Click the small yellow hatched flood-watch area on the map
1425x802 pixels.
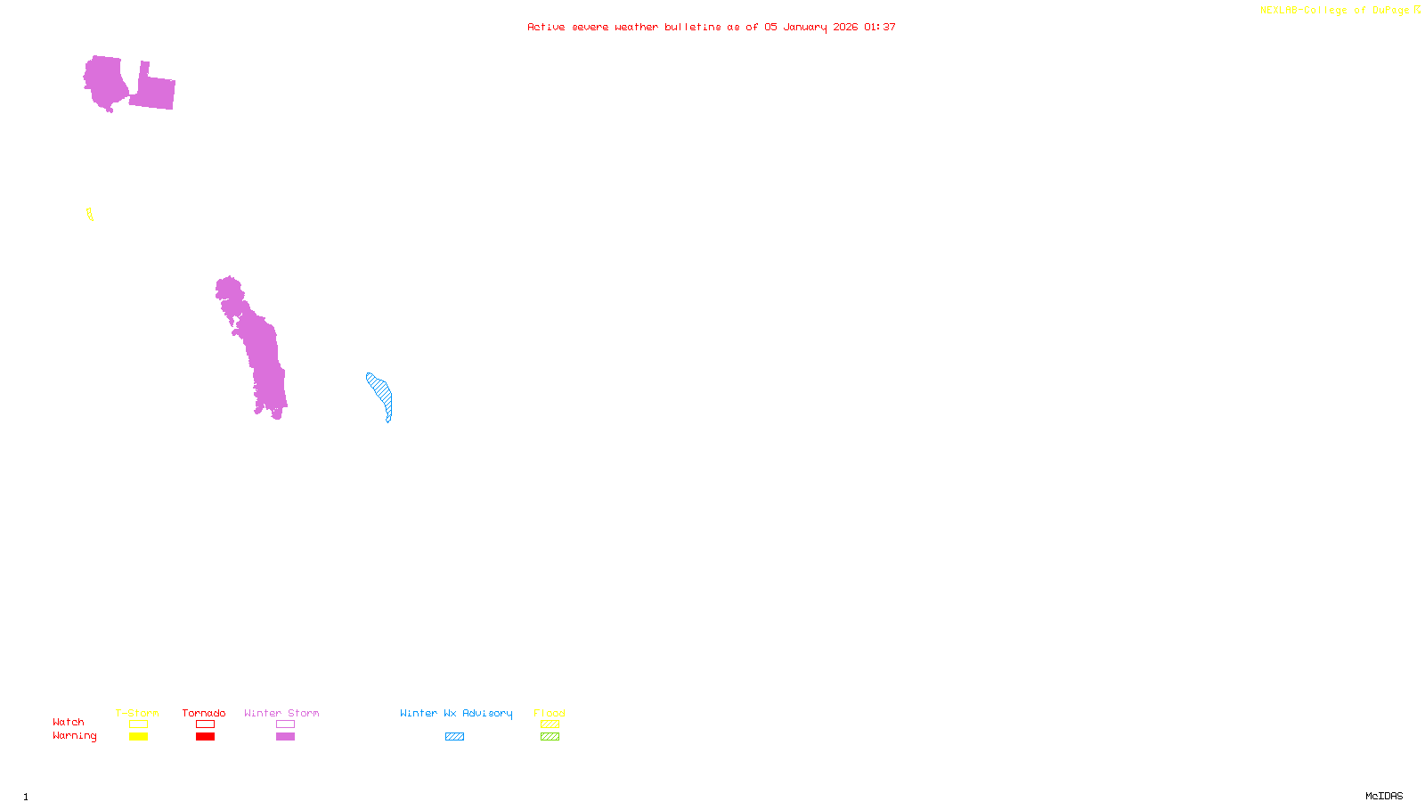tap(90, 214)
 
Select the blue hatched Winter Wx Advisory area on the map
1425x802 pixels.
tap(381, 394)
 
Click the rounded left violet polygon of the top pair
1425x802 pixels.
tap(105, 82)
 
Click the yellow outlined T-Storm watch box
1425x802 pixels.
tap(138, 724)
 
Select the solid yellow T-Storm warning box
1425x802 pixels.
tap(138, 737)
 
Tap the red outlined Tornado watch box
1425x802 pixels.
tap(205, 724)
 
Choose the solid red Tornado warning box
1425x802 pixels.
tap(205, 737)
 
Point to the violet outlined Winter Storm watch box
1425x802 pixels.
tap(285, 724)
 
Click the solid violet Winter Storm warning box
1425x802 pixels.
tap(285, 737)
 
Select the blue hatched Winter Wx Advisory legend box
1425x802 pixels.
tap(454, 737)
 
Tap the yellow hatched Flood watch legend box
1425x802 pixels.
tap(550, 724)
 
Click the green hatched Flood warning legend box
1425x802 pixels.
tap(550, 737)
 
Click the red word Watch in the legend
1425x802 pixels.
tap(69, 723)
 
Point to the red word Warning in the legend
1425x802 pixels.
tap(75, 736)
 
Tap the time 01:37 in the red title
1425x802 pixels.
tap(880, 27)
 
